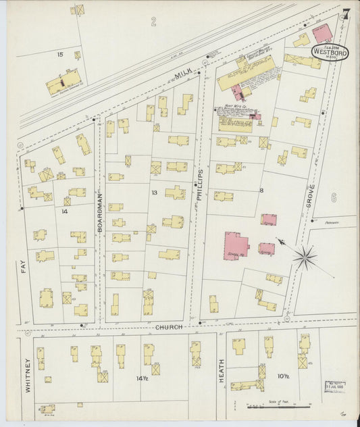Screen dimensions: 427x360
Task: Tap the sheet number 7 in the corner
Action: click(x=345, y=14)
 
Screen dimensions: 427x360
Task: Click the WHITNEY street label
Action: click(x=28, y=376)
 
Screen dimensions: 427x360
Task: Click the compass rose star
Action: click(x=305, y=256)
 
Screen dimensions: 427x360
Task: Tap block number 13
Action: click(x=155, y=193)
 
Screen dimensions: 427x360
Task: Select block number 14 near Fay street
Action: click(x=65, y=211)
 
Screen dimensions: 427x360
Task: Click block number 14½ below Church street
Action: click(x=141, y=378)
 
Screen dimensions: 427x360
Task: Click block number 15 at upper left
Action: click(x=60, y=53)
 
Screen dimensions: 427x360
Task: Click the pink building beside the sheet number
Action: click(x=323, y=32)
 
